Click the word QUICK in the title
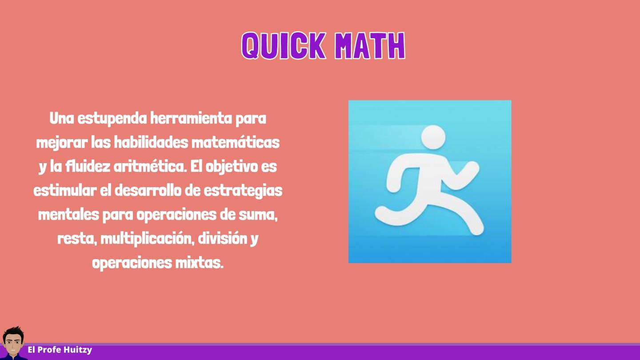click(x=284, y=46)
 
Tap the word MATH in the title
click(x=370, y=46)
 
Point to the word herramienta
click(x=191, y=118)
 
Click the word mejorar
click(x=62, y=143)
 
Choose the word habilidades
click(x=151, y=142)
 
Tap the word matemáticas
click(x=236, y=142)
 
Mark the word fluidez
click(x=88, y=166)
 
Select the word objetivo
click(x=232, y=167)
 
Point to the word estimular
click(x=65, y=190)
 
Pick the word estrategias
click(x=243, y=191)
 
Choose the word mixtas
click(x=199, y=263)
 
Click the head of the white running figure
click(x=433, y=137)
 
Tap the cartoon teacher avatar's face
click(x=13, y=344)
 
